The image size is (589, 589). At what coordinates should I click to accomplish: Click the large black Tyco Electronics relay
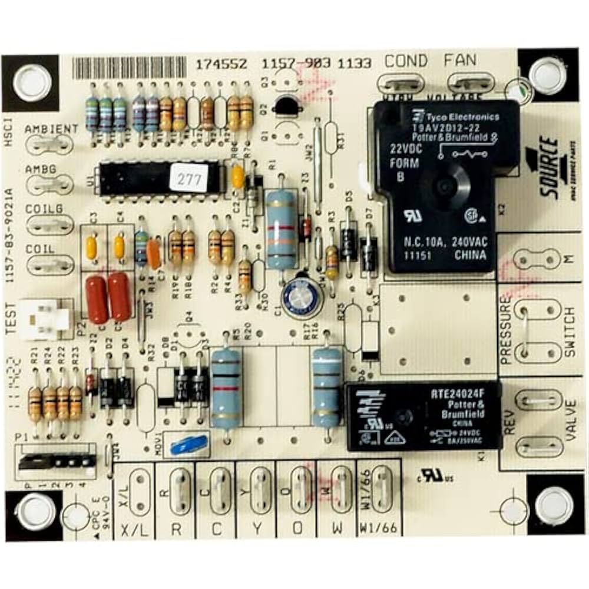point(445,186)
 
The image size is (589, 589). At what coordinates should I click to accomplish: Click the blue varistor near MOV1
point(188,444)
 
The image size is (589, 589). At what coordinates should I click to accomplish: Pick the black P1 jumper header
point(56,460)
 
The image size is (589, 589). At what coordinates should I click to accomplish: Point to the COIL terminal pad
point(49,263)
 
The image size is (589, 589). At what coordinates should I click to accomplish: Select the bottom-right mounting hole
point(554,504)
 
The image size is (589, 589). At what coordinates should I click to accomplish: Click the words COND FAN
point(431,61)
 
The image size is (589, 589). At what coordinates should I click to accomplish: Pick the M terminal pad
point(537,257)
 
